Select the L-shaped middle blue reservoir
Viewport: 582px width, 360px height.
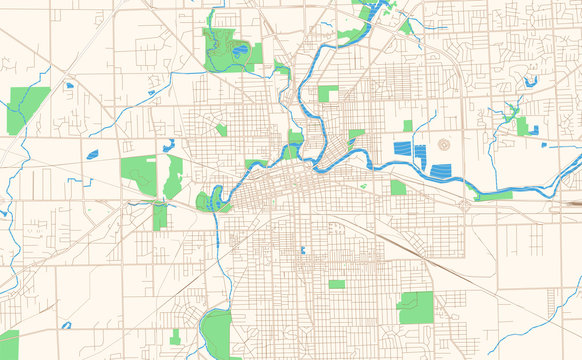pyautogui.click(x=420, y=155)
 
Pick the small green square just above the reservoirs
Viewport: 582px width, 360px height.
pyautogui.click(x=408, y=125)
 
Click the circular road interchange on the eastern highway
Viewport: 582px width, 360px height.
pyautogui.click(x=466, y=203)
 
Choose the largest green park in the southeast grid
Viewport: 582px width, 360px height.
pyautogui.click(x=415, y=307)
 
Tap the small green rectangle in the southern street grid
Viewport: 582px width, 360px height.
pyautogui.click(x=337, y=284)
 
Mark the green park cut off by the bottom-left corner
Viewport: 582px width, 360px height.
pyautogui.click(x=8, y=345)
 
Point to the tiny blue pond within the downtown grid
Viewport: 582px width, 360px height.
pyautogui.click(x=302, y=249)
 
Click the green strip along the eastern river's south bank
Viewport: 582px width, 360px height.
pyautogui.click(x=493, y=196)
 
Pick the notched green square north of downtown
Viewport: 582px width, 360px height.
pyautogui.click(x=328, y=93)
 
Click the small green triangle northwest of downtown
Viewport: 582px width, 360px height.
pyautogui.click(x=221, y=130)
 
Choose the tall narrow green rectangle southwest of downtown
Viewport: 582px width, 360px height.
pyautogui.click(x=160, y=216)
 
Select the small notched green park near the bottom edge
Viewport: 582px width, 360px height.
pyautogui.click(x=175, y=336)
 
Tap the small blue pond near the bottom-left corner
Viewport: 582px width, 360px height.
pyautogui.click(x=66, y=325)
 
